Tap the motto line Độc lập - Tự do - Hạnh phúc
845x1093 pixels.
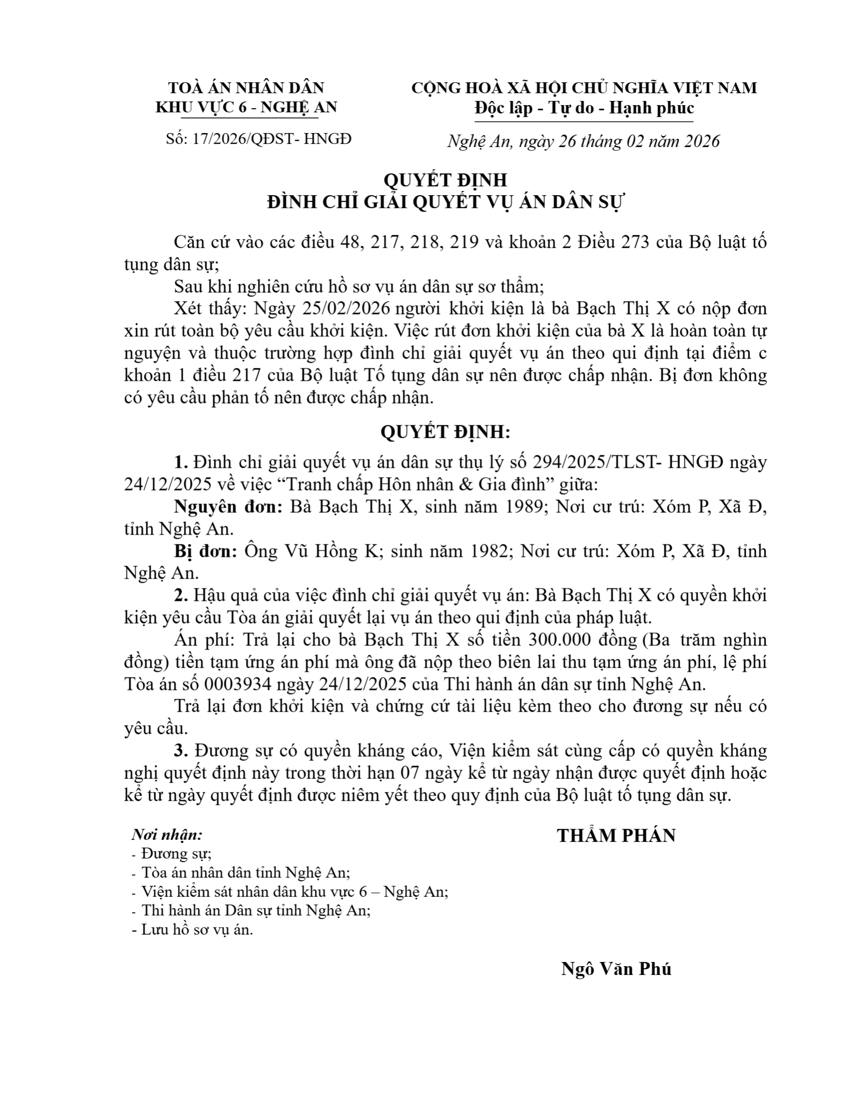584,108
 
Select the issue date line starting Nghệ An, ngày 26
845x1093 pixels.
584,141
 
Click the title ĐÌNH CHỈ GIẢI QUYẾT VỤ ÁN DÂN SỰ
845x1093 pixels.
445,202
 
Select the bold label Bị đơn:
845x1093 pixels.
206,552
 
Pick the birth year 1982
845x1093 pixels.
484,552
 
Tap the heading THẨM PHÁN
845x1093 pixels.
616,836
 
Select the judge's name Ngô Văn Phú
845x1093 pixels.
616,969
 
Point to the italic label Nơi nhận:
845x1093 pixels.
167,835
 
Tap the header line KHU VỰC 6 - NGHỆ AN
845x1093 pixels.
246,107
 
